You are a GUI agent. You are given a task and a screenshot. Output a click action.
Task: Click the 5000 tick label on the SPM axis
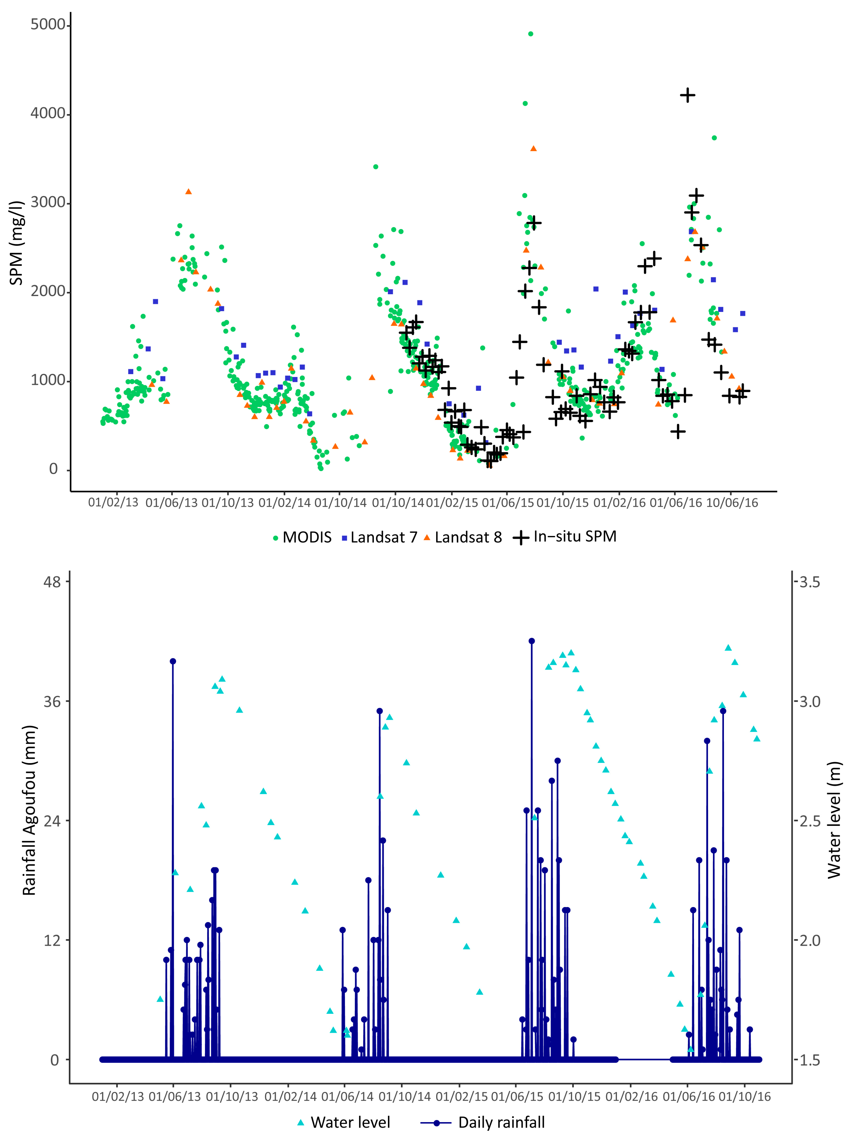pos(47,25)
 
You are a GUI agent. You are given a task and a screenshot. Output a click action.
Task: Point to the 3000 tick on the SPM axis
pos(47,203)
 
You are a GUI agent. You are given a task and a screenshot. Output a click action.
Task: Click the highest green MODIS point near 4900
pos(531,34)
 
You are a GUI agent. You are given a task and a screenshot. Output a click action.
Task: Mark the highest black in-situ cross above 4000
pos(688,95)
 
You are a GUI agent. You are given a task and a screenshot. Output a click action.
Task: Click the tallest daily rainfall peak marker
pos(532,641)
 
